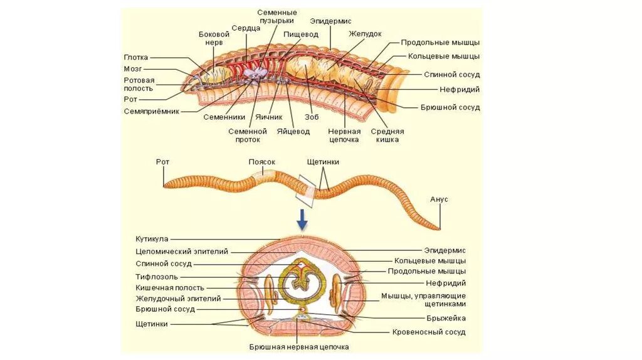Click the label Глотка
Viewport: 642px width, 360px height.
(135, 57)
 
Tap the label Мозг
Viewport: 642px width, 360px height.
(132, 68)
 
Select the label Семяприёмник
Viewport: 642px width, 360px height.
(152, 111)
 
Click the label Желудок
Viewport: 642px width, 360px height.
(366, 34)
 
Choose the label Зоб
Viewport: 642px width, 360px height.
(312, 117)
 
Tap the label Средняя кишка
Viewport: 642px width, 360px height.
(387, 135)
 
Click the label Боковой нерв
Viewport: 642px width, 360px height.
(211, 38)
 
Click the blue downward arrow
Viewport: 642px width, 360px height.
(302, 219)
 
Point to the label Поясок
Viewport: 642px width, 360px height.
(261, 162)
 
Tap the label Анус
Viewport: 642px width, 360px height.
(439, 199)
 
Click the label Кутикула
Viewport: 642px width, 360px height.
(152, 239)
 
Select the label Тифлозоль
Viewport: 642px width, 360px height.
(157, 276)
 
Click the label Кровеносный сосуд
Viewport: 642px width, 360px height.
(429, 332)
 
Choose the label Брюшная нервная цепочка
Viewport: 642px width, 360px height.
(298, 347)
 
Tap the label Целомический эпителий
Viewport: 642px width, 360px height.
(182, 251)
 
